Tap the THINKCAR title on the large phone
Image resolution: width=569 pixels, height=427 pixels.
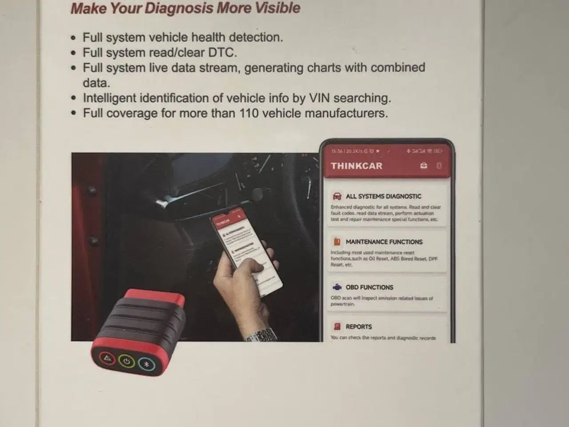pyautogui.click(x=356, y=166)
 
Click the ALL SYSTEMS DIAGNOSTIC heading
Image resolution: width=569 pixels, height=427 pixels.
pyautogui.click(x=383, y=196)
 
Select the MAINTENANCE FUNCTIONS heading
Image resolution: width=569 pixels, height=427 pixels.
pyautogui.click(x=384, y=242)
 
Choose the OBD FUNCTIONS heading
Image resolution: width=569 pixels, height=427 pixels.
pyautogui.click(x=369, y=287)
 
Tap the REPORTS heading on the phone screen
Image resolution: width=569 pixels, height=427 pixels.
pyautogui.click(x=359, y=326)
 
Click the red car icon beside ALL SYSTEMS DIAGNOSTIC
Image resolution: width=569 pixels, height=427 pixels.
pyautogui.click(x=337, y=196)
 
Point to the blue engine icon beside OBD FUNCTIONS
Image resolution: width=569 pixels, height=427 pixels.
pyautogui.click(x=337, y=287)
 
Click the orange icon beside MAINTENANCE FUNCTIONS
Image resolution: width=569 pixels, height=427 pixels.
pyautogui.click(x=337, y=242)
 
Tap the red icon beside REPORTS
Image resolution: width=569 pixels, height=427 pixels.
pyautogui.click(x=337, y=326)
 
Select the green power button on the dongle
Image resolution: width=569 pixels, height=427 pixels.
pyautogui.click(x=126, y=361)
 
